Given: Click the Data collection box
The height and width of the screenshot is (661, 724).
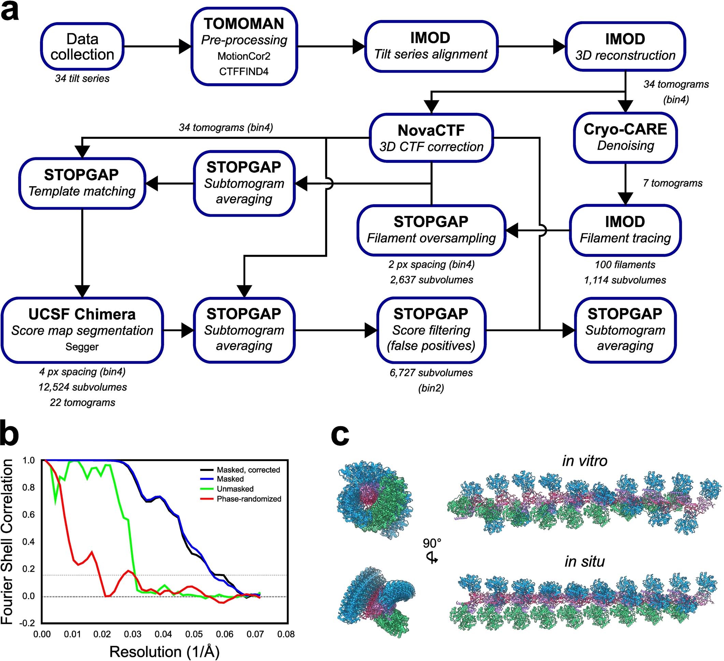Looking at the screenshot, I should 82,47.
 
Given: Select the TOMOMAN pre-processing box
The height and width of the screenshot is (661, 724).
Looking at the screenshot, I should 244,47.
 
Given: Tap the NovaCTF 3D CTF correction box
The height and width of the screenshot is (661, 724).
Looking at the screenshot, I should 431,138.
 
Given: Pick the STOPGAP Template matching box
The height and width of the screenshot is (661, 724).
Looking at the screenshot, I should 82,183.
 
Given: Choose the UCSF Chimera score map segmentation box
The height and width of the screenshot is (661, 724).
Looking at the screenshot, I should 82,330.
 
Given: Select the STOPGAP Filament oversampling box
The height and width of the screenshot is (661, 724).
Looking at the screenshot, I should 431,230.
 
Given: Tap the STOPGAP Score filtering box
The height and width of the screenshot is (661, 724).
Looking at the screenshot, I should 431,330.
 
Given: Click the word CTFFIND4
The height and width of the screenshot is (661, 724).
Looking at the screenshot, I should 244,71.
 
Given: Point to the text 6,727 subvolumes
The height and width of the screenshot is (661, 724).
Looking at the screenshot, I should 431,373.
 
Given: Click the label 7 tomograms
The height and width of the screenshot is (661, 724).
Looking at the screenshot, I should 672,183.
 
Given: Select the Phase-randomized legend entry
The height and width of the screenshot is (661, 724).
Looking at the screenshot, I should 248,499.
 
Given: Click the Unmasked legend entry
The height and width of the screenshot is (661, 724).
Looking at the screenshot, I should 235,489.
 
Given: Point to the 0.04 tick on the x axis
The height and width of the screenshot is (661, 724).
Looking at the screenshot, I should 163,634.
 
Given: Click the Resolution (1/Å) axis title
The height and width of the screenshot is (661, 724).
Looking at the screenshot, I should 164,651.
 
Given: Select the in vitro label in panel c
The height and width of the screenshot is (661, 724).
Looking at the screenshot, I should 585,461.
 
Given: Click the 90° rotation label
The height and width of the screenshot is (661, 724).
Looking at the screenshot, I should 432,543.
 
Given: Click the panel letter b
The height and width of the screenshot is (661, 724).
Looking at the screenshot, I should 10,434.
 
